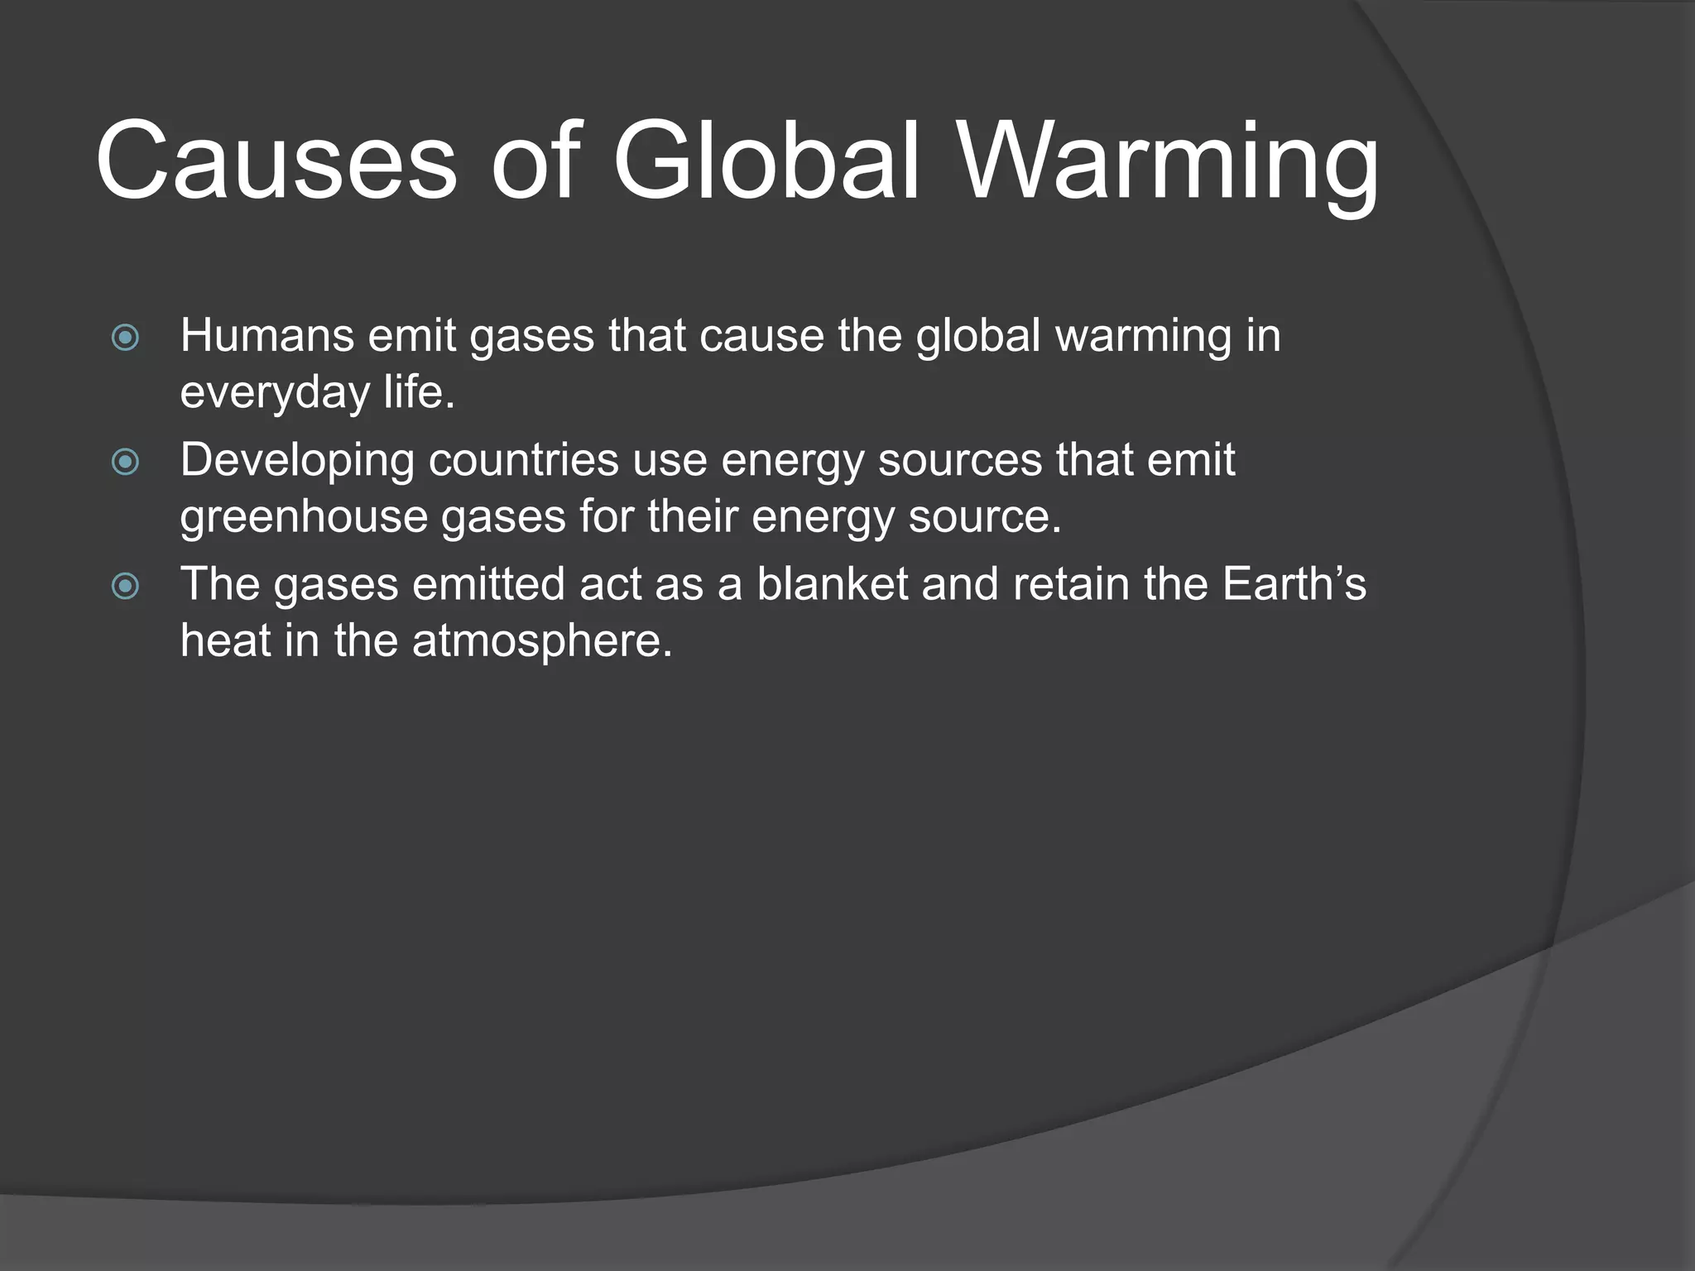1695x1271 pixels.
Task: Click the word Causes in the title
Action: pos(276,161)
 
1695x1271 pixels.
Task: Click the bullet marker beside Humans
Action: pos(125,338)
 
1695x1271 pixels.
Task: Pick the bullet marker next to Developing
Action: pos(125,462)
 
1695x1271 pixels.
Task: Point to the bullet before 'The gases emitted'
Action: pos(125,587)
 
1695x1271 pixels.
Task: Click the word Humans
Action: pos(267,336)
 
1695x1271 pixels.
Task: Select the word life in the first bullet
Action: pos(418,392)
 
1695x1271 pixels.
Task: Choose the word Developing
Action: pos(297,462)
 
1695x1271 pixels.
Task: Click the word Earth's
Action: pos(1294,584)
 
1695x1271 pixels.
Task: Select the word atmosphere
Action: pos(542,642)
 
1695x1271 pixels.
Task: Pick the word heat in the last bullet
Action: pos(226,642)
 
